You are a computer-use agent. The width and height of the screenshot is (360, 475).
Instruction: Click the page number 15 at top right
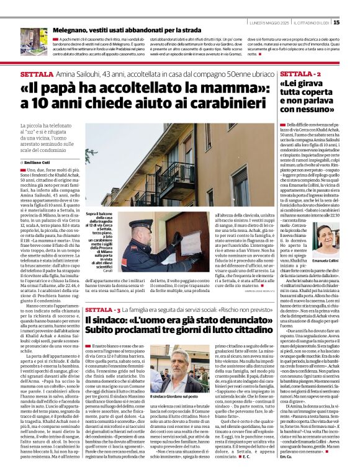[x=353, y=22]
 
